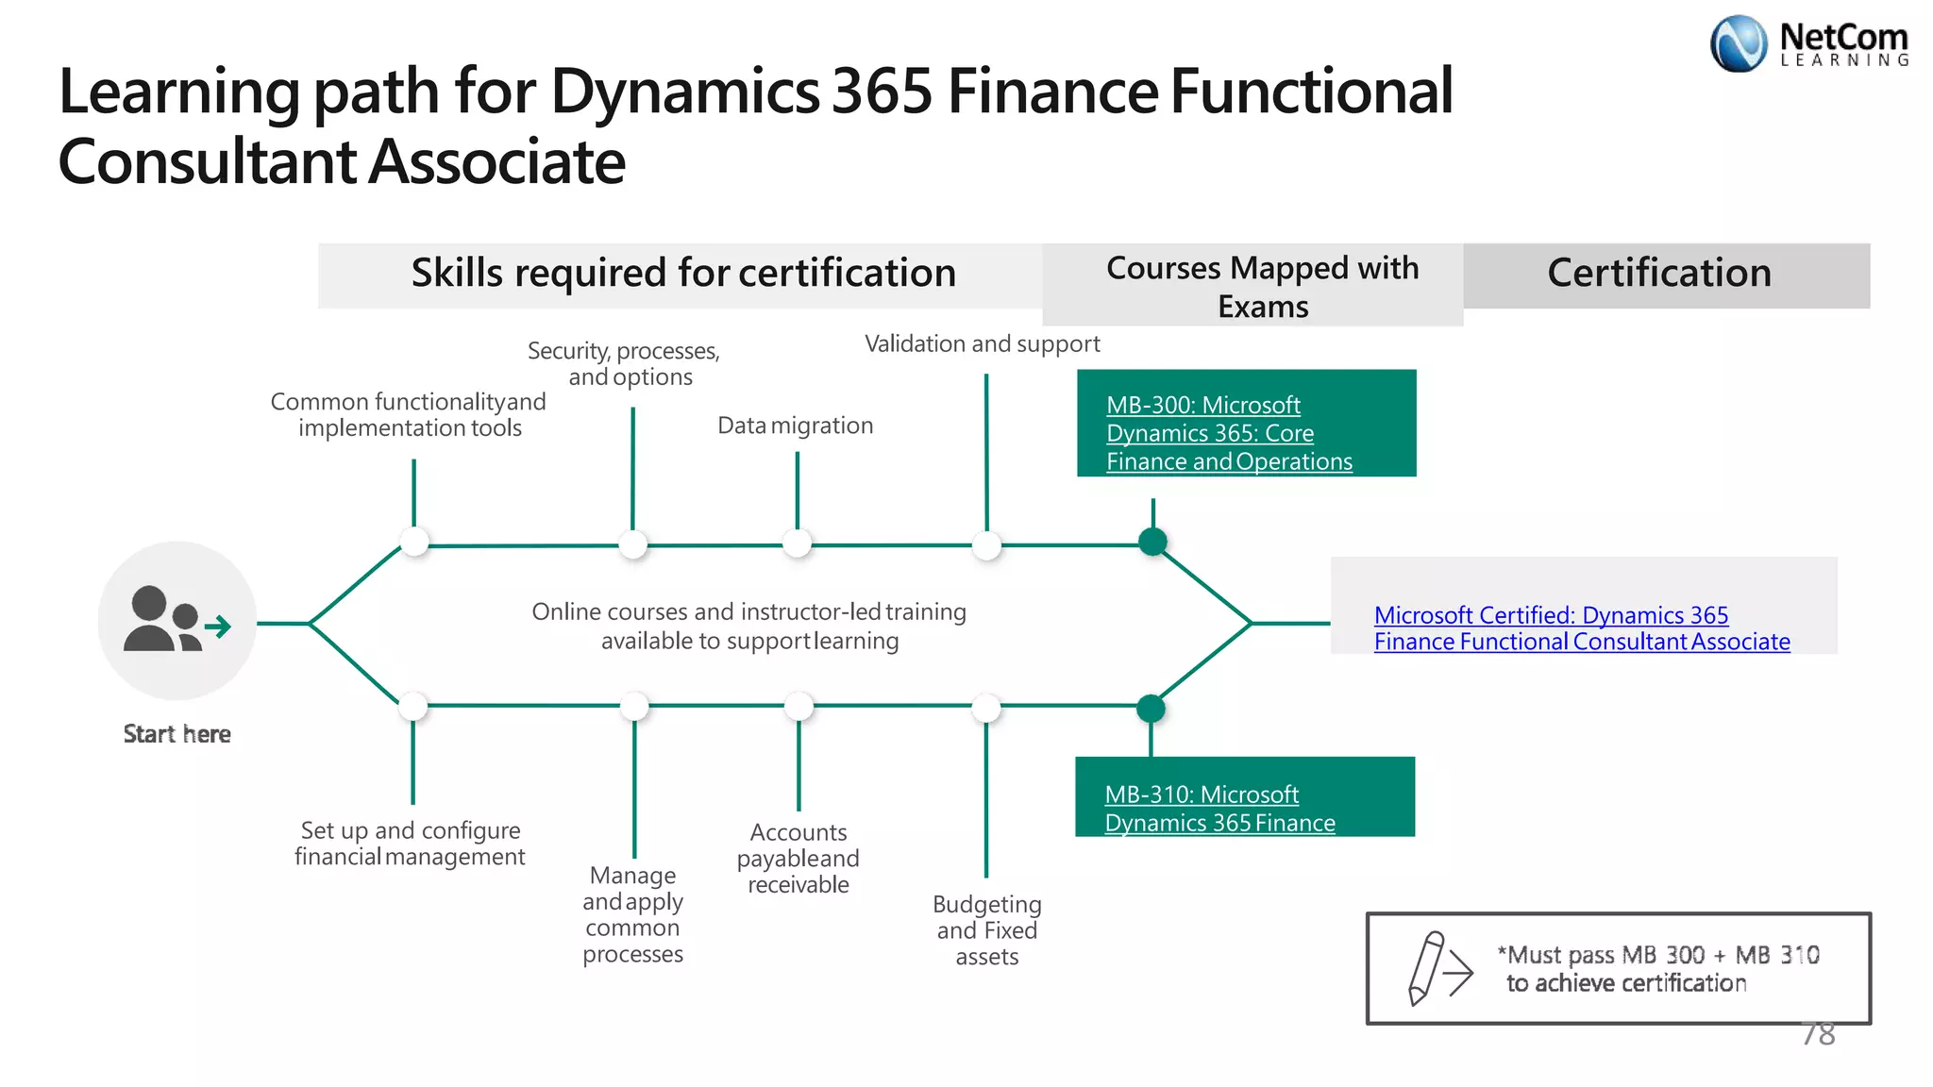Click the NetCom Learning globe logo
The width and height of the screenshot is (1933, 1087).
[1738, 43]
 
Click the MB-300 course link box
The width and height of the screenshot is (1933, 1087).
[1246, 424]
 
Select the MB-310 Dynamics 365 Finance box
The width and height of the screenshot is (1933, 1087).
[1244, 797]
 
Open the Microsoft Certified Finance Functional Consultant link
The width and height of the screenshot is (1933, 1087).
[1581, 628]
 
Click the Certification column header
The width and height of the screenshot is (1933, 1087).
[1658, 274]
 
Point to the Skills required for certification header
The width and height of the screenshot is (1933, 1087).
[682, 274]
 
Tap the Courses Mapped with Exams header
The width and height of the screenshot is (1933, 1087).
[1261, 286]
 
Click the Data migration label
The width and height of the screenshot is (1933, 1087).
[795, 426]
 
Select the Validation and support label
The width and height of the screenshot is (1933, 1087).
[982, 344]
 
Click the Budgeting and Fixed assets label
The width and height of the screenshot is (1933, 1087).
[986, 930]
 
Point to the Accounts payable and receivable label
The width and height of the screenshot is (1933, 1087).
[798, 859]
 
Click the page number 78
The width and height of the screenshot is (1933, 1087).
[1818, 1034]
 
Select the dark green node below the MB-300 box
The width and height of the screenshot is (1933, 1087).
[1152, 542]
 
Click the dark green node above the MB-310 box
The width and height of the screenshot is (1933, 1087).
[1151, 708]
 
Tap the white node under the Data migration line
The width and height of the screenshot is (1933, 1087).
[798, 543]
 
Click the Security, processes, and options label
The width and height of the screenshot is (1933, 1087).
[625, 364]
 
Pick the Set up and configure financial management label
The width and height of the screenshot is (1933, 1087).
[410, 844]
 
